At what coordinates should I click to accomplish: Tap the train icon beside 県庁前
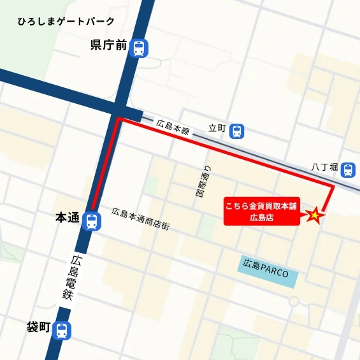(x=138, y=47)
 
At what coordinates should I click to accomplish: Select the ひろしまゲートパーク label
(x=66, y=21)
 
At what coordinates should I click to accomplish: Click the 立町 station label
(x=217, y=129)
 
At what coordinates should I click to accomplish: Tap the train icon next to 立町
(x=237, y=131)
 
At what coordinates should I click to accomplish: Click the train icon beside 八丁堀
(x=348, y=169)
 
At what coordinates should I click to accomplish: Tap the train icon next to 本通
(x=92, y=221)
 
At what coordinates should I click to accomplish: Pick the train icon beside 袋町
(x=62, y=331)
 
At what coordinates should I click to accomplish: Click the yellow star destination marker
(x=315, y=215)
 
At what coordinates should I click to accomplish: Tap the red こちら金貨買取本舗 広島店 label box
(x=261, y=212)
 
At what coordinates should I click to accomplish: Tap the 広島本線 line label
(x=173, y=126)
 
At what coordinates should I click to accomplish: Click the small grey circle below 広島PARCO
(x=294, y=299)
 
